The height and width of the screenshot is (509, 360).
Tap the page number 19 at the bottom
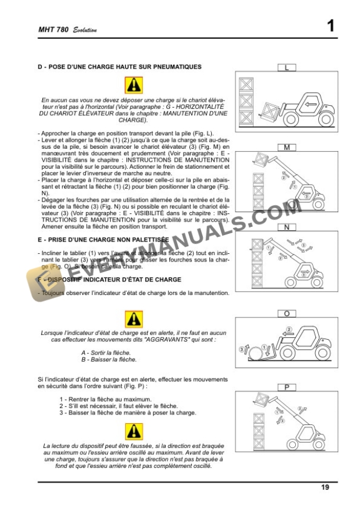[x=325, y=487]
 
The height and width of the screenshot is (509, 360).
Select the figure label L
[x=286, y=68]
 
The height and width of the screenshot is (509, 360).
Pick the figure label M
[x=286, y=148]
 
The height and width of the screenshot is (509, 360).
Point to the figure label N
[x=286, y=227]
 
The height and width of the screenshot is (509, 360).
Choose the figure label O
[x=286, y=314]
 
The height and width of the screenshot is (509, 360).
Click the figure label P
[x=286, y=387]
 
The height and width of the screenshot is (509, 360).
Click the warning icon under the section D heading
[x=134, y=85]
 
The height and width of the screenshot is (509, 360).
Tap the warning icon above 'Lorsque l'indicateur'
[x=134, y=319]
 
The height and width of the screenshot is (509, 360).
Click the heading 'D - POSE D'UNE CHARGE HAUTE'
[x=119, y=67]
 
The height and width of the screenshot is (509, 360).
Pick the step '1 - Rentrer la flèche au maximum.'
[x=105, y=400]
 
